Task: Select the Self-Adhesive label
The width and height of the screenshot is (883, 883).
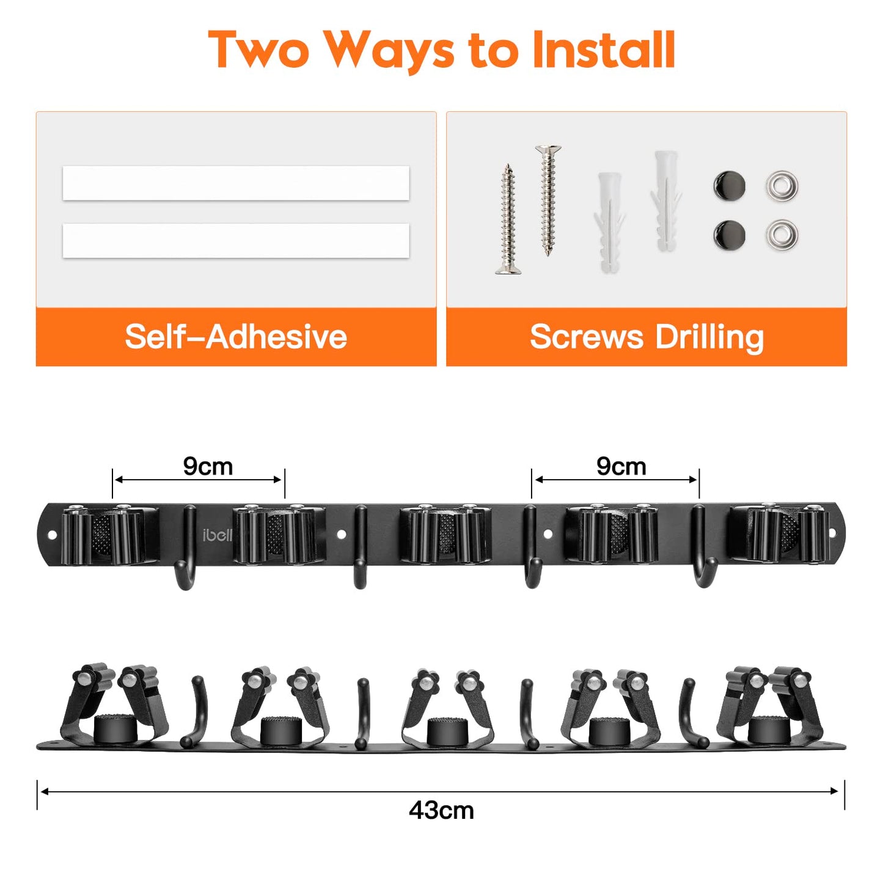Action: click(235, 337)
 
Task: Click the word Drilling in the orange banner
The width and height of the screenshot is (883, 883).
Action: click(709, 338)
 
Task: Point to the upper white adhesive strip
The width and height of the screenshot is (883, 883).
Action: click(235, 183)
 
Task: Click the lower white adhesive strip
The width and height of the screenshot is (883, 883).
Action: click(235, 241)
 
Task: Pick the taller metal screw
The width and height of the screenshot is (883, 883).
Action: click(548, 200)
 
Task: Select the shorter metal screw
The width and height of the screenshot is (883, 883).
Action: click(508, 219)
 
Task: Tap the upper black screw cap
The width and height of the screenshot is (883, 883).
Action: click(730, 186)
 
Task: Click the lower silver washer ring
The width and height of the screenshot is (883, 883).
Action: click(782, 235)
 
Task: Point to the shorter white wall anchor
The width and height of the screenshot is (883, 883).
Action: click(609, 222)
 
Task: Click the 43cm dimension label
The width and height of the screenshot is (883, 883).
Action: click(441, 811)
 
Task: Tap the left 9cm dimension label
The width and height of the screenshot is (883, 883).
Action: click(208, 466)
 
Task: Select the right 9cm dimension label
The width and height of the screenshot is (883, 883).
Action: click(621, 466)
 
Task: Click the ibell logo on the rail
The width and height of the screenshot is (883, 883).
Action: click(218, 535)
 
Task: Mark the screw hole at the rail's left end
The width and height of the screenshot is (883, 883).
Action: click(52, 535)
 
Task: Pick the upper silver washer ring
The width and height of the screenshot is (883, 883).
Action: click(782, 186)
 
